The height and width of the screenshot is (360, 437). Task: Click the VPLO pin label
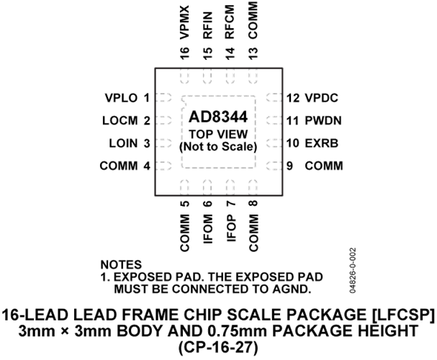(x=121, y=98)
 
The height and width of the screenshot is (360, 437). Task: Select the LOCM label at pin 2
(x=120, y=121)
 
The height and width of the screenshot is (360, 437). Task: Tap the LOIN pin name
(x=123, y=143)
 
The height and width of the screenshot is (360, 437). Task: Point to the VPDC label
(x=321, y=98)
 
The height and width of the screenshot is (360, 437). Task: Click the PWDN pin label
(x=323, y=121)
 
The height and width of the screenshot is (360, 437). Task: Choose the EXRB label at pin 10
(x=321, y=143)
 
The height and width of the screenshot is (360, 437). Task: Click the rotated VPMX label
(x=184, y=22)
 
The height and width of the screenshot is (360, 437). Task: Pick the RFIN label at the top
(x=208, y=25)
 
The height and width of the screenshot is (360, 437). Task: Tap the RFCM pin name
(x=230, y=22)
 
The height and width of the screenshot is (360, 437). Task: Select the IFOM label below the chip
(x=208, y=229)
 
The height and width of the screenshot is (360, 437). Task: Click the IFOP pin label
(x=231, y=228)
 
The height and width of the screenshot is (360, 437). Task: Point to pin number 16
(x=184, y=53)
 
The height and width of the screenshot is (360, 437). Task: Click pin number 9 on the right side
(x=290, y=166)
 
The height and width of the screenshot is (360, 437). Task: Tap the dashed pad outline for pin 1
(x=163, y=98)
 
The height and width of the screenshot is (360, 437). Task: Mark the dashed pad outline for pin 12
(x=274, y=98)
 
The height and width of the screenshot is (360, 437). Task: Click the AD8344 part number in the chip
(x=218, y=117)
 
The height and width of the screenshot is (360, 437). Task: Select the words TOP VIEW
(x=218, y=135)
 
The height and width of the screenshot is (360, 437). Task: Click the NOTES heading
(x=121, y=264)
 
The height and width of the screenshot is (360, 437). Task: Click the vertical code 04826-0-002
(x=353, y=270)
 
